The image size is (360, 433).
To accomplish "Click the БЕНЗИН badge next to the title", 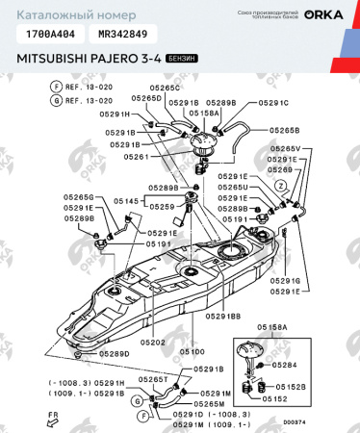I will [x=183, y=59].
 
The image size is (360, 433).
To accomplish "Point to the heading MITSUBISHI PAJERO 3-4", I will [x=89, y=59].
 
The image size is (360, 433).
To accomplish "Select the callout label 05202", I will [x=152, y=343].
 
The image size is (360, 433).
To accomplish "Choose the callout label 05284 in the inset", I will [x=288, y=366].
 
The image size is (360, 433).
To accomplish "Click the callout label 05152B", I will [x=292, y=387].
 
